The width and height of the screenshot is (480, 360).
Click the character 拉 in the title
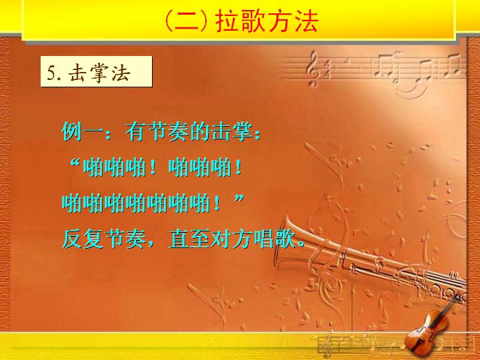tap(227, 21)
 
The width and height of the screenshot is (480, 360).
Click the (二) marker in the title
tap(188, 21)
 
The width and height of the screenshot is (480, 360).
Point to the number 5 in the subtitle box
tap(51, 73)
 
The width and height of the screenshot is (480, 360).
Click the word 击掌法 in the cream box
tap(100, 73)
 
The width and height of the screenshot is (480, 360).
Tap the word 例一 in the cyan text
tap(82, 131)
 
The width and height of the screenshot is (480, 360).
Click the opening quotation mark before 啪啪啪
tap(75, 163)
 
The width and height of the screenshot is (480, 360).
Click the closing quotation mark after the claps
tap(239, 199)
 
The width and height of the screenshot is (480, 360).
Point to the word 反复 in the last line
tap(83, 239)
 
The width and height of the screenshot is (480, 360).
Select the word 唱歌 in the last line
tap(275, 239)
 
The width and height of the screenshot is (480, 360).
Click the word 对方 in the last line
tap(232, 239)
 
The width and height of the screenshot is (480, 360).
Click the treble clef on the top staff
tap(313, 69)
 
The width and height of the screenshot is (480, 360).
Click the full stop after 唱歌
tap(301, 244)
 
